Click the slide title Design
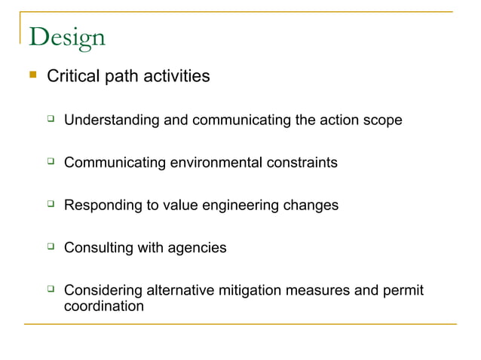66,38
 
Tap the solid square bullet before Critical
32,75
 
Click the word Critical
72,77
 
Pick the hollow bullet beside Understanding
51,118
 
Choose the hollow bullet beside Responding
51,203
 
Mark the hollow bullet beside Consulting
51,246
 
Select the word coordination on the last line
103,307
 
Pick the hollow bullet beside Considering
51,288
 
